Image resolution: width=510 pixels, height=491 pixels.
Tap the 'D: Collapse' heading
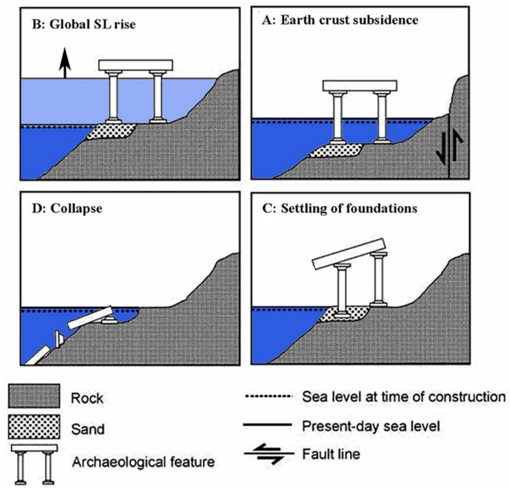coord(67,208)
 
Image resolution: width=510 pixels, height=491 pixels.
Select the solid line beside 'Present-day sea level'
coord(268,425)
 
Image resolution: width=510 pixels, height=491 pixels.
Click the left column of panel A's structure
coord(338,117)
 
